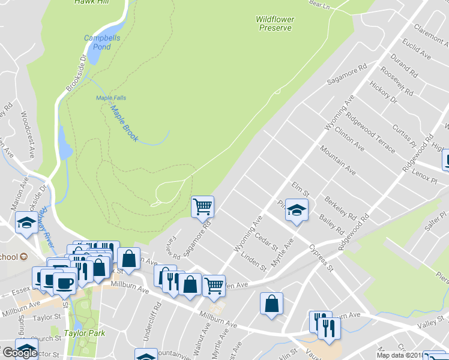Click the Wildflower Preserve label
click(x=275, y=23)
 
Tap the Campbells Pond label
click(x=97, y=42)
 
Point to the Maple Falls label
click(x=111, y=98)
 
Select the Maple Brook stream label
click(x=124, y=124)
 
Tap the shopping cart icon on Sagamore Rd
click(x=202, y=206)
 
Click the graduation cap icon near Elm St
click(x=295, y=209)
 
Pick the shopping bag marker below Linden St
click(x=271, y=303)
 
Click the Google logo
click(x=19, y=353)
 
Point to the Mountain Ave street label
click(x=337, y=160)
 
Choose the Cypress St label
click(x=321, y=257)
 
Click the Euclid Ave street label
click(x=418, y=48)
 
